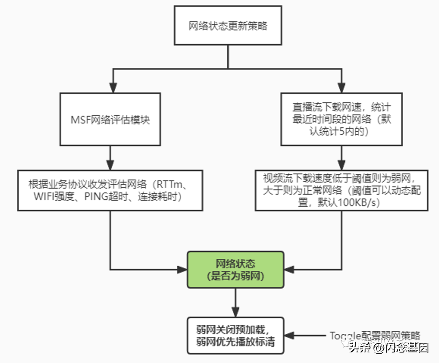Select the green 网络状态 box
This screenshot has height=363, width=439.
click(235, 270)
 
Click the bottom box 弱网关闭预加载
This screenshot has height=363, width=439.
click(235, 335)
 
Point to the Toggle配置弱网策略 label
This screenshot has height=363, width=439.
click(374, 336)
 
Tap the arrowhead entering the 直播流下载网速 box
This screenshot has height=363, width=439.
click(341, 87)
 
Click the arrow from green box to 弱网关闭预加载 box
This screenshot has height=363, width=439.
click(235, 303)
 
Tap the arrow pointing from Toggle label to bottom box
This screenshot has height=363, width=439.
click(305, 336)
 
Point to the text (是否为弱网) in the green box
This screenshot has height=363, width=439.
click(235, 276)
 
